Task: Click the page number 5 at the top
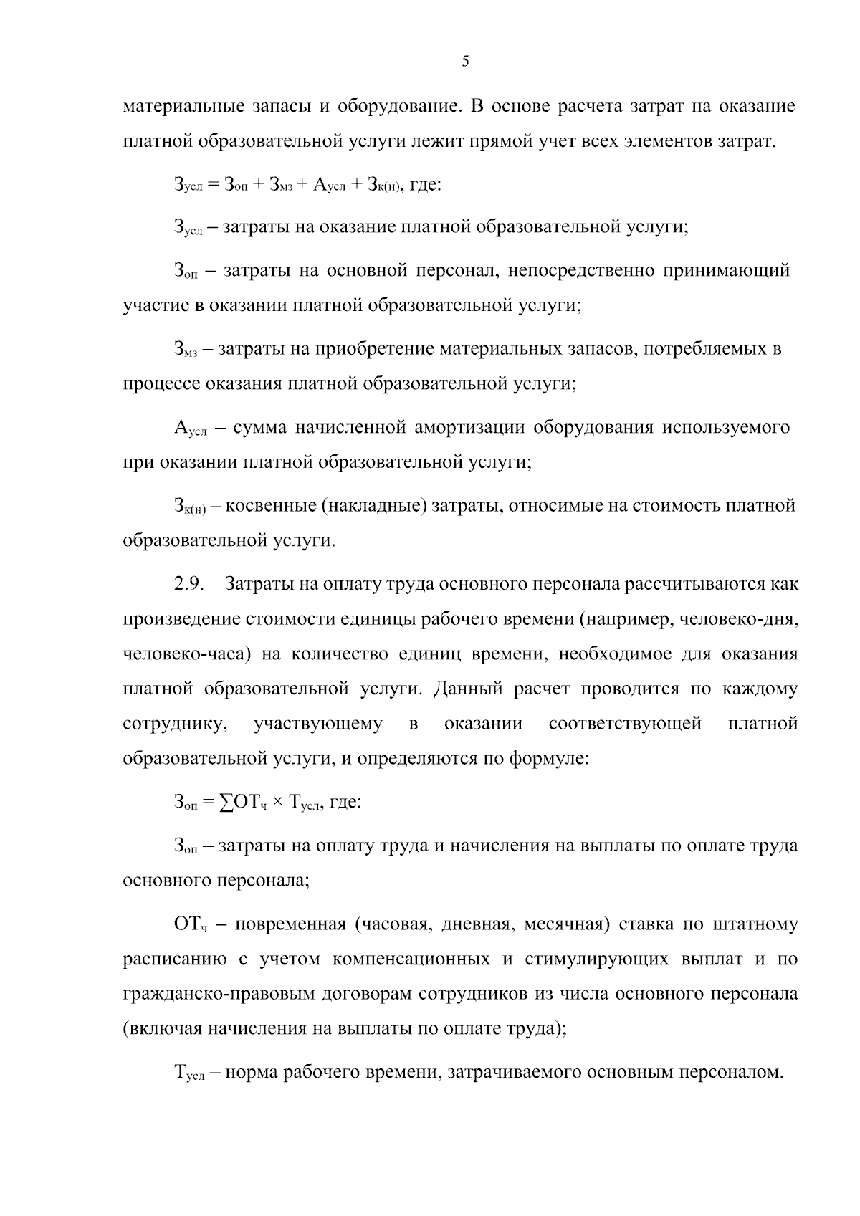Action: (465, 62)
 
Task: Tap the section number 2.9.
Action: (189, 583)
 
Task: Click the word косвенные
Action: (271, 506)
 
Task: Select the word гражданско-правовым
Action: (210, 994)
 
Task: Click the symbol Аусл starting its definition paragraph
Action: (190, 429)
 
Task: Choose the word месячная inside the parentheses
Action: (566, 924)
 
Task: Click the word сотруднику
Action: (175, 724)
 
